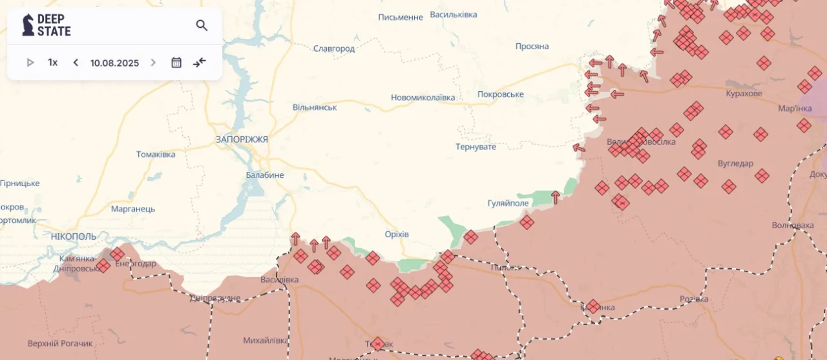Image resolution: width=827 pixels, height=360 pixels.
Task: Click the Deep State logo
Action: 47,25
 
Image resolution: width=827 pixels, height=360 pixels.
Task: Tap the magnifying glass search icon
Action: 202,25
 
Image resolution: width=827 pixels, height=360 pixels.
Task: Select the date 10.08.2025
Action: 114,63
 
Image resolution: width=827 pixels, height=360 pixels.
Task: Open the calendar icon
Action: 176,63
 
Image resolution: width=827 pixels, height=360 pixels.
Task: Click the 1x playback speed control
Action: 52,63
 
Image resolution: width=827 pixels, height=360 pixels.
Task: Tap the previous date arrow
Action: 76,63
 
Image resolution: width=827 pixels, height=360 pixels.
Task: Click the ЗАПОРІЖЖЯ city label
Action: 242,139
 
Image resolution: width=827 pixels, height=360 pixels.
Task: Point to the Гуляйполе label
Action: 508,203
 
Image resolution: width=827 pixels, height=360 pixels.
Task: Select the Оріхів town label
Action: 396,234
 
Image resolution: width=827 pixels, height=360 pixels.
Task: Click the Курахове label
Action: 744,94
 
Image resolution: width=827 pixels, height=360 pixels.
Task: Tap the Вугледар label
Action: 735,164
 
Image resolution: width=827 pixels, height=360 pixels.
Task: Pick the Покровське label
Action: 500,94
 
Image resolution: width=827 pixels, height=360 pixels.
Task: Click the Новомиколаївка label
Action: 423,98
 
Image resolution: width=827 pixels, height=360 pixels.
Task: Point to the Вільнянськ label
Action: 315,107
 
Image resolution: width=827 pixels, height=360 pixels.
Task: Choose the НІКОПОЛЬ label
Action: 74,237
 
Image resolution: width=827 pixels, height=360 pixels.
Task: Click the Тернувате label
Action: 476,147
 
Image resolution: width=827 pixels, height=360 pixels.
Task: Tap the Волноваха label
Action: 793,225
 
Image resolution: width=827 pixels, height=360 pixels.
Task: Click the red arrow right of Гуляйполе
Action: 555,197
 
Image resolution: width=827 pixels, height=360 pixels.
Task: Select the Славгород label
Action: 334,48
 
